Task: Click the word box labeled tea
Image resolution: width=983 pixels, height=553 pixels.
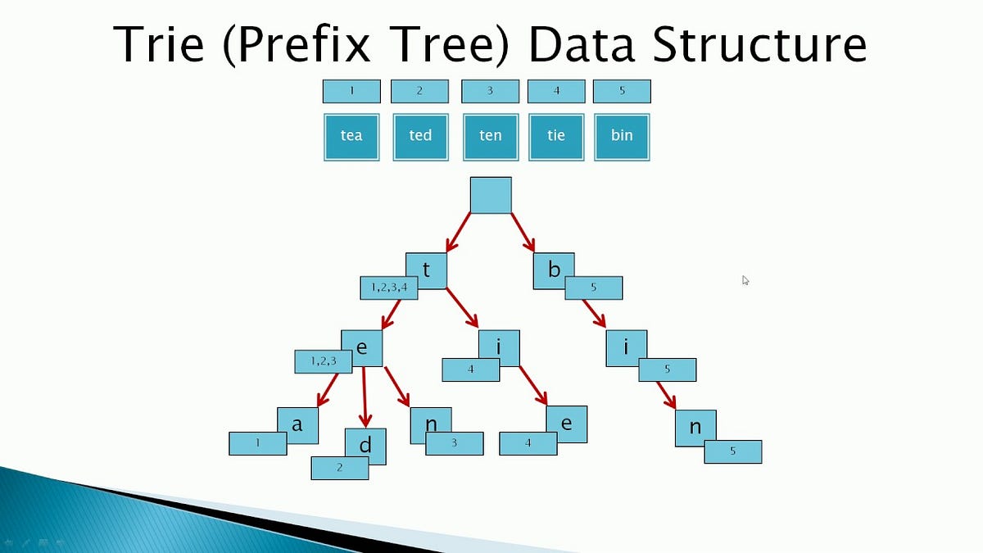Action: [x=351, y=136]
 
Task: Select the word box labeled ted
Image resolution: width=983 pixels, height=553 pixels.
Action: [x=420, y=136]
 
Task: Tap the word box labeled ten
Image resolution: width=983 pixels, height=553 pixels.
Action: [x=490, y=136]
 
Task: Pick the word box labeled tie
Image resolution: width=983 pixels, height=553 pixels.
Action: [x=556, y=136]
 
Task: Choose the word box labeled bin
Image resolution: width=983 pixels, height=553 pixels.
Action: [x=622, y=136]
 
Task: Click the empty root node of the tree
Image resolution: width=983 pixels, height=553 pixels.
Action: [x=491, y=195]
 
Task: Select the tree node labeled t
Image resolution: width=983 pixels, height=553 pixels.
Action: [x=427, y=267]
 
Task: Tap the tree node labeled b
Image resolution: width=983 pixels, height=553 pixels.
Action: [x=553, y=269]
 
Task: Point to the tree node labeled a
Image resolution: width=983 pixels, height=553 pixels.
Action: [x=297, y=424]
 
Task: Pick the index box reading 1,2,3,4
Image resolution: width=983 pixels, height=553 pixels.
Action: [x=389, y=288]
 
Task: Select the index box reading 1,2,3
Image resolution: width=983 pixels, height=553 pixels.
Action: [x=323, y=360]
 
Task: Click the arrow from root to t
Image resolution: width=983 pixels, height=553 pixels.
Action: [x=458, y=232]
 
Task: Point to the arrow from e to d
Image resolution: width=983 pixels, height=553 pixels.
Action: [x=365, y=397]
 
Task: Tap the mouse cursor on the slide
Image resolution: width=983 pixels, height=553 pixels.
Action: [x=745, y=279]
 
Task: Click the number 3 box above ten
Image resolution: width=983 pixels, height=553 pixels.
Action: [x=490, y=90]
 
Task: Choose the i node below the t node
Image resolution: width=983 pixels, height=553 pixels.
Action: [x=500, y=347]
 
